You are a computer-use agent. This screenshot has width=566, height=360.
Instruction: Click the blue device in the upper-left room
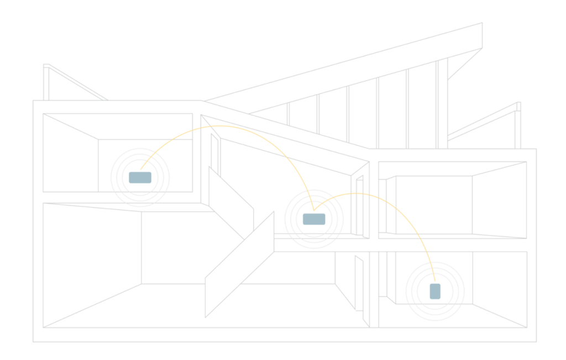pyautogui.click(x=140, y=178)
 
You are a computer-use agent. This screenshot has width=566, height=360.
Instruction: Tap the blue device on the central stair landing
pyautogui.click(x=313, y=219)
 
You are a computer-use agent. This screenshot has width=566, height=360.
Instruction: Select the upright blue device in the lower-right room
pyautogui.click(x=435, y=291)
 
